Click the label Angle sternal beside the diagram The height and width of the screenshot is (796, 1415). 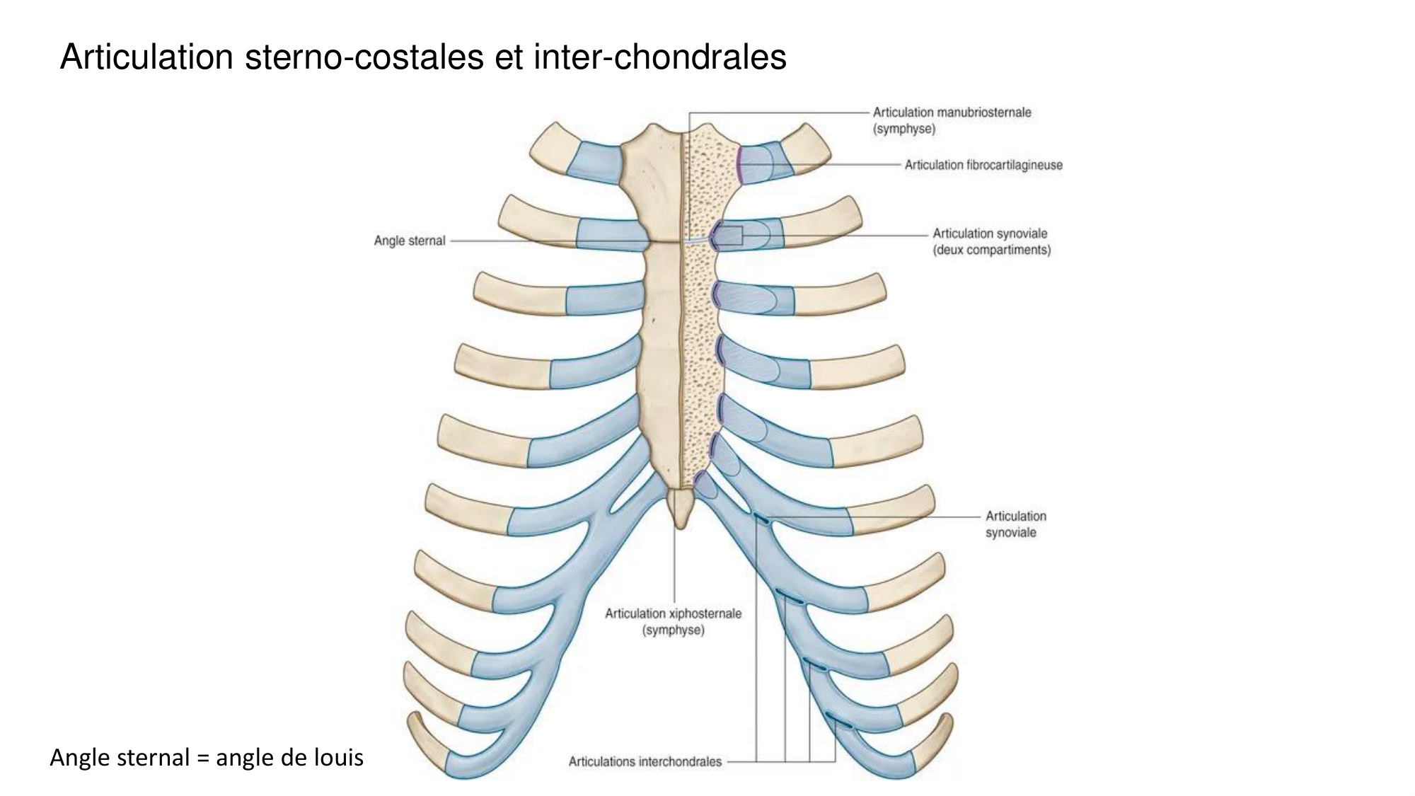(410, 241)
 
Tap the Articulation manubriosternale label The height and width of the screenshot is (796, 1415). (952, 113)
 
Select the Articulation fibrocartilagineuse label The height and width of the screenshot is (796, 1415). (983, 166)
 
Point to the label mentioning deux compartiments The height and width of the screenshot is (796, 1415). (992, 250)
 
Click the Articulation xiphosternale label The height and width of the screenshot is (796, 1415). (673, 613)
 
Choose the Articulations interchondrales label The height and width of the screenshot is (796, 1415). (645, 762)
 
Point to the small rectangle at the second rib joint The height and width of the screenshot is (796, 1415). (732, 236)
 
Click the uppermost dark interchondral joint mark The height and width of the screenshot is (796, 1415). (761, 521)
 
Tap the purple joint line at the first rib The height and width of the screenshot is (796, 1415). (738, 164)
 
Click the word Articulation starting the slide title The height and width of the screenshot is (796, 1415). (146, 57)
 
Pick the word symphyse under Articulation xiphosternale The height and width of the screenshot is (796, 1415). (673, 630)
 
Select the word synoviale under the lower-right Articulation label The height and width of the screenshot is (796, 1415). (1010, 533)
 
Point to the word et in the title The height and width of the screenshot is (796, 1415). (509, 57)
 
